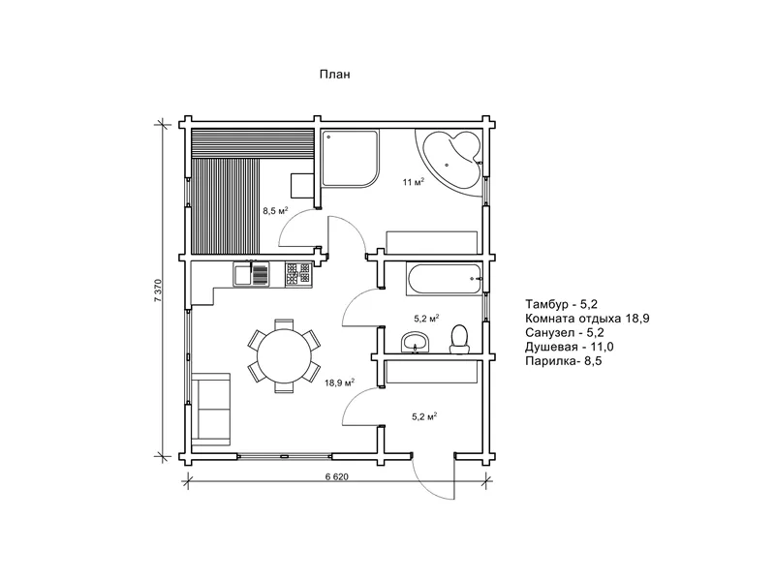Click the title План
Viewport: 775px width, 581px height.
click(334, 75)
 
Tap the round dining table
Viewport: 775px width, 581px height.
click(284, 356)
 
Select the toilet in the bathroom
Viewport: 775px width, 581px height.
click(459, 339)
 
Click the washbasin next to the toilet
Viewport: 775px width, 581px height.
click(415, 342)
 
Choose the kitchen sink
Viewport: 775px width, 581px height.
click(252, 274)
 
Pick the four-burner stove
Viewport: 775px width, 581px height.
click(298, 274)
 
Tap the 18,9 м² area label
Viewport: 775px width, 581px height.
click(340, 382)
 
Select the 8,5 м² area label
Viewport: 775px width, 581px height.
click(275, 211)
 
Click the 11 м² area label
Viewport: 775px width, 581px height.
click(414, 182)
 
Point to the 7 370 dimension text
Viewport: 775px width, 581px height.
click(158, 290)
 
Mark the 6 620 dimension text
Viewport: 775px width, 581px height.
click(337, 476)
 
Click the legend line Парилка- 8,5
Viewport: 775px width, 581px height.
click(564, 360)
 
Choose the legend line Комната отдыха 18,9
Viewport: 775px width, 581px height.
click(587, 319)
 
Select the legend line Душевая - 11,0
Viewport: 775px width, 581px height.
click(570, 347)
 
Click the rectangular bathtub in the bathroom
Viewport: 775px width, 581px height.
click(444, 279)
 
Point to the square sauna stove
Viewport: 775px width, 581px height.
click(302, 186)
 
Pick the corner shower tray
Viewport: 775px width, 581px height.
click(351, 158)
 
